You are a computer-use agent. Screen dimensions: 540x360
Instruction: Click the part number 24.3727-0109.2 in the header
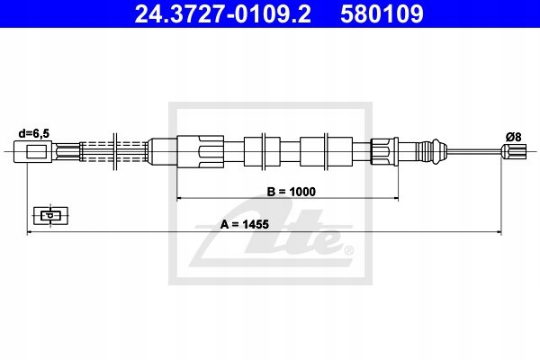222,14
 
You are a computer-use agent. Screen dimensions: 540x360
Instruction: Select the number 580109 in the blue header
382,14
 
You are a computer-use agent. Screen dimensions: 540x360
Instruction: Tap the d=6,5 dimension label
34,133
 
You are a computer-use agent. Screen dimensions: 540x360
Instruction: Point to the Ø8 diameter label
514,137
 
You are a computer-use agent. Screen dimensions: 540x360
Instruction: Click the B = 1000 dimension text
291,192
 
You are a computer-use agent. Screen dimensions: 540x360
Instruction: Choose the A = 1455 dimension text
245,224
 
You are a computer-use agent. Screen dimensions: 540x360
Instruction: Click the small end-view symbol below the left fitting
50,216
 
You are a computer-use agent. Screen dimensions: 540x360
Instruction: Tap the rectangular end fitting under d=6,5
32,151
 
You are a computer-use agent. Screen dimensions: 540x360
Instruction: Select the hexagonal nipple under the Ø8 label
514,151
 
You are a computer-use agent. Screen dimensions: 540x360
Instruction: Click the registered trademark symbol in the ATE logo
348,250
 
